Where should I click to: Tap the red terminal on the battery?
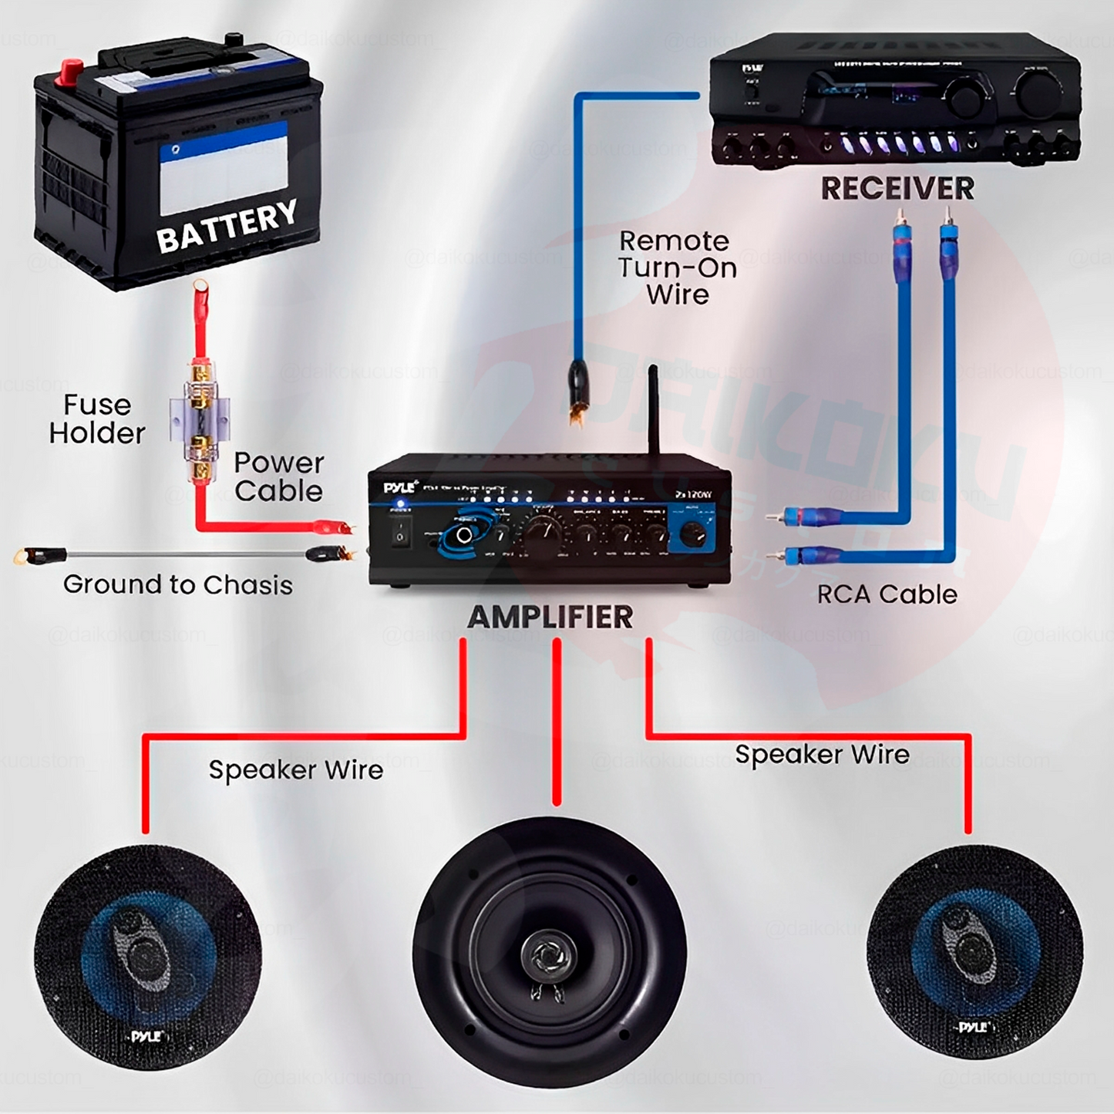click(70, 72)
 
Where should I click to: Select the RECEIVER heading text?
click(897, 189)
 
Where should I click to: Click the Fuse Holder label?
click(97, 419)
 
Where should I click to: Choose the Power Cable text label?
click(278, 476)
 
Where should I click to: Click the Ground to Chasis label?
click(178, 585)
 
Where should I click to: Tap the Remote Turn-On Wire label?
click(676, 268)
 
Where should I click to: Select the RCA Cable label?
click(887, 594)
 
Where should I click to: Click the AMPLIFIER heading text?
click(550, 617)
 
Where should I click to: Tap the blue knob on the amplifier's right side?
click(693, 533)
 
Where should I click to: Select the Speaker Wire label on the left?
click(295, 769)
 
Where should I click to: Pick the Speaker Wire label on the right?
click(822, 754)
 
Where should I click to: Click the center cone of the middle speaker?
click(548, 955)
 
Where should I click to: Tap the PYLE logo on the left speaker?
click(146, 1035)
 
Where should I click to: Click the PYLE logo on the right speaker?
click(973, 1027)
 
